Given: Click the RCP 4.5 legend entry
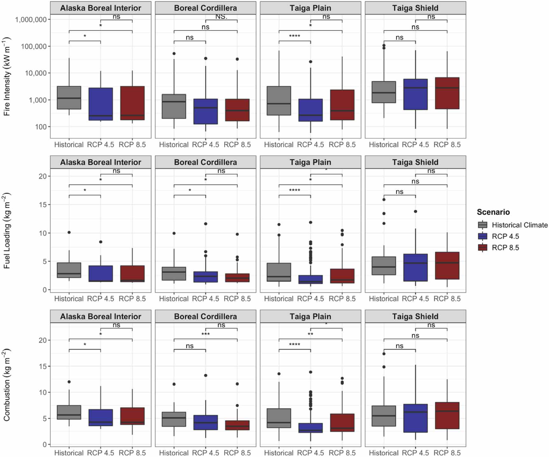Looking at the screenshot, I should point(505,236).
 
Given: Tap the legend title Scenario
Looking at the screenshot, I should point(493,212).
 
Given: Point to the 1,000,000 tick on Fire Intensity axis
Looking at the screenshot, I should point(31,20).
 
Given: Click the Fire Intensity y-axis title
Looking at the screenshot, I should point(7,76).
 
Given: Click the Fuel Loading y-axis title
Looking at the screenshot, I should point(7,231).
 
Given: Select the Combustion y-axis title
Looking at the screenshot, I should point(7,385).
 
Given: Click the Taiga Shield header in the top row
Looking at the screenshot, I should point(415,8).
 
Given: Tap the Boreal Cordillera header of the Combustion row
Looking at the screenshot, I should point(205,316).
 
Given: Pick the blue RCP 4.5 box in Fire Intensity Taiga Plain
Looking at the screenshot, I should point(310,110).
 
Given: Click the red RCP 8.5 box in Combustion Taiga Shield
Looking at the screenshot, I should point(447,415).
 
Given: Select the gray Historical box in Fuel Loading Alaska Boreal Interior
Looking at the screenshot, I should point(69,270).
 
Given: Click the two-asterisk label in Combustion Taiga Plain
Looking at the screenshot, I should point(310,334).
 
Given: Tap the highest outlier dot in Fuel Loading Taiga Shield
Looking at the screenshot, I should point(384,200).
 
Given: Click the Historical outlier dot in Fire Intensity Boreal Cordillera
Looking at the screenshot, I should point(174,53).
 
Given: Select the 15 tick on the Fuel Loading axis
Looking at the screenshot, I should point(43,204).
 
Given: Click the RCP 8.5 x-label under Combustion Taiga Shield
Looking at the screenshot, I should point(447,453).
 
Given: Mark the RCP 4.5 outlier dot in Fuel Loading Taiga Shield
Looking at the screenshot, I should point(415,211).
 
